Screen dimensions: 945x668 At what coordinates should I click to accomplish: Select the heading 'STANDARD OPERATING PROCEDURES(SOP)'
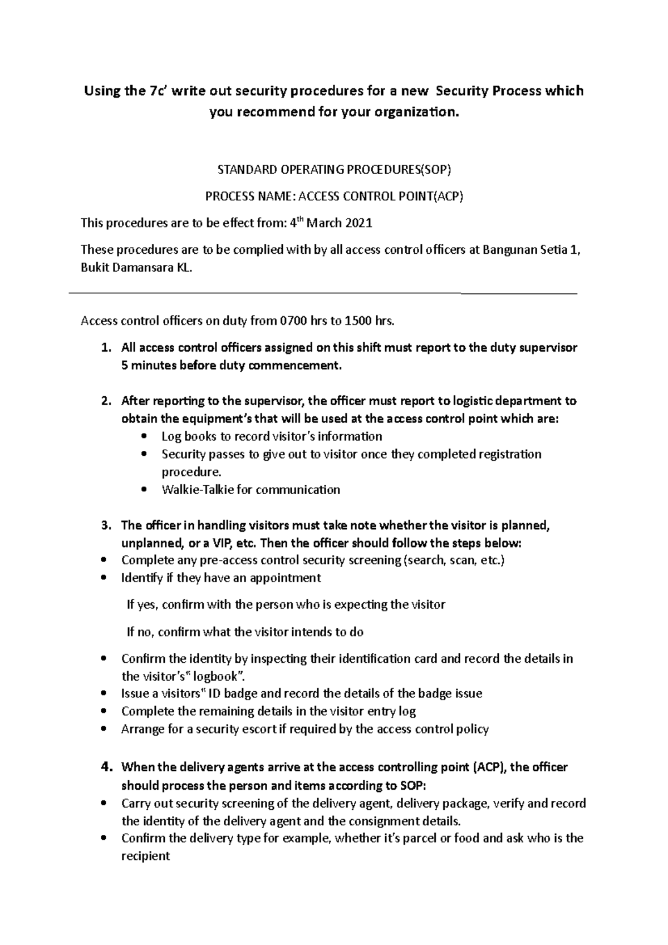coord(333,170)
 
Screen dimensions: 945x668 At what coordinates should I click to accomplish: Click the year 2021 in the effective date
coord(358,224)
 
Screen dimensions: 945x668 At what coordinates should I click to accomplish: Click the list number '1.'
coord(106,348)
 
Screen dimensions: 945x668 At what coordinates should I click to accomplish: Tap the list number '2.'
coord(106,401)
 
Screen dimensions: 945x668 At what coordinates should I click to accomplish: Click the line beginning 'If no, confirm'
coord(245,632)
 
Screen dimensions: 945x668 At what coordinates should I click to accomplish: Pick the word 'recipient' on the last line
coord(145,856)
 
